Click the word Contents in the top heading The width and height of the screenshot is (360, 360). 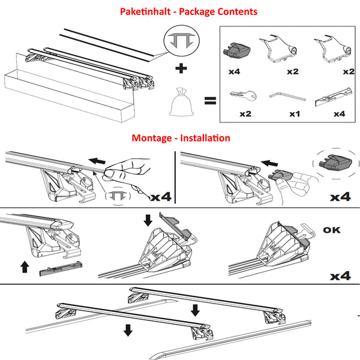tap(236, 11)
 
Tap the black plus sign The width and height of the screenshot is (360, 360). tap(179, 70)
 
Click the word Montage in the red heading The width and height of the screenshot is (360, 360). tap(152, 137)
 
